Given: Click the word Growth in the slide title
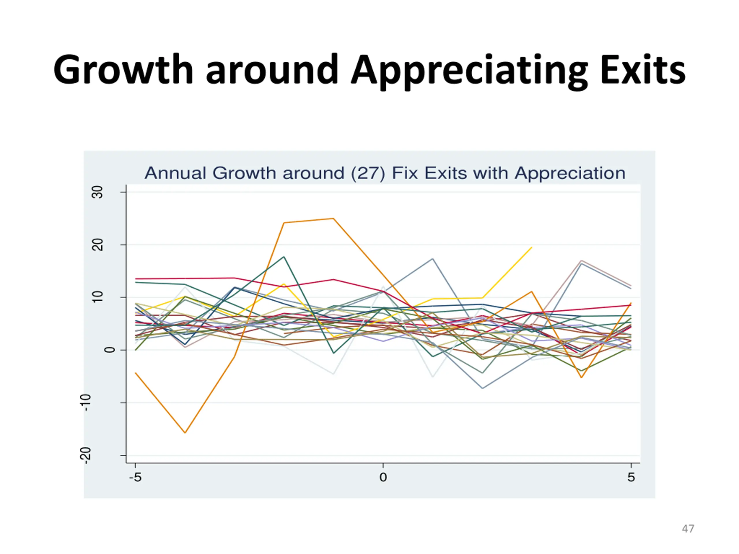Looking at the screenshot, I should pos(123,70).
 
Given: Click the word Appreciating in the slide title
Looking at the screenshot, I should pos(469,71).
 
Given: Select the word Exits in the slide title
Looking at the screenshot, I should pos(643,70).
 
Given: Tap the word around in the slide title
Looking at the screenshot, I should pos(272,70).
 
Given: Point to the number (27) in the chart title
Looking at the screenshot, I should pos(368,173).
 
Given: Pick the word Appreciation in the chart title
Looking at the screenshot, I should pos(570,173).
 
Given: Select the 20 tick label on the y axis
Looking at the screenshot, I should pos(98,245).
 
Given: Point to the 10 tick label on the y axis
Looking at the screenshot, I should pos(98,297).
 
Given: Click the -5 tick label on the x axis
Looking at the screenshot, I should pos(135,478).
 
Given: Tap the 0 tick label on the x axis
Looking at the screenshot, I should pos(383,478).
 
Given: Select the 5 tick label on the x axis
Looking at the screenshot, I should pos(631,478).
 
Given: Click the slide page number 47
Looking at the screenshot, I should pos(688,529).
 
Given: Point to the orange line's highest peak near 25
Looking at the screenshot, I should pos(333,219).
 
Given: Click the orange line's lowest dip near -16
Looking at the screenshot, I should pos(185,433).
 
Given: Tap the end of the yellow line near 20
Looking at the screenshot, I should pos(531,248).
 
